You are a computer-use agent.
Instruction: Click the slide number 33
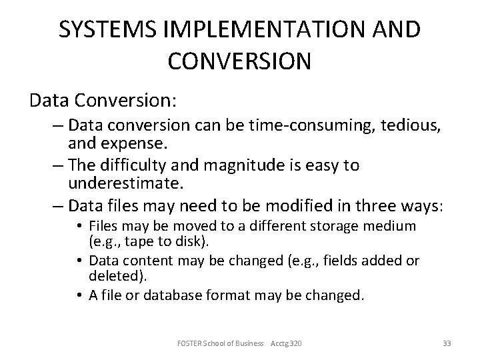[447, 343]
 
